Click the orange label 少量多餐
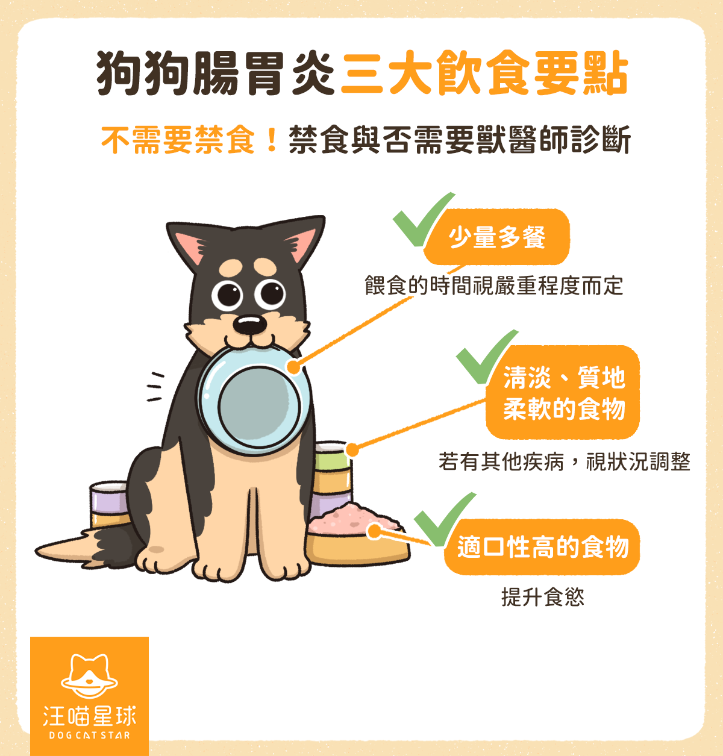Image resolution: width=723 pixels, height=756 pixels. point(497,237)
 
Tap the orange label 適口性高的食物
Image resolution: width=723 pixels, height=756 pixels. point(542,547)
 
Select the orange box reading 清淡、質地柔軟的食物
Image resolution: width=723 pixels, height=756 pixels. point(563,393)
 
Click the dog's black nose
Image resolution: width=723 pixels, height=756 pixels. point(249,325)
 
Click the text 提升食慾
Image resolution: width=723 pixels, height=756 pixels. point(542,597)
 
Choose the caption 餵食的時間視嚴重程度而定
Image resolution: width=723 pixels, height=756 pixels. point(493,286)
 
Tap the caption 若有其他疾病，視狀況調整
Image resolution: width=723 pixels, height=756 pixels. point(564,462)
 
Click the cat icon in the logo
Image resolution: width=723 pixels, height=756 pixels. point(89,675)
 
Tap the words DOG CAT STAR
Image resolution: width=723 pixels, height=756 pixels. point(89,735)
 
